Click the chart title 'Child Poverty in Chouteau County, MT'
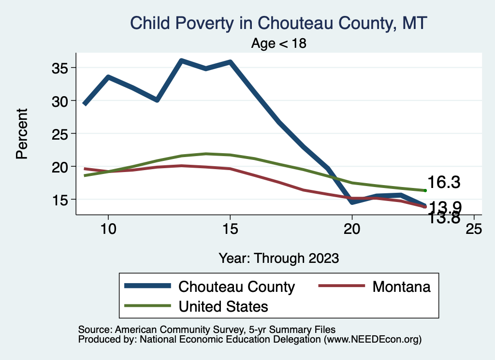coord(279,23)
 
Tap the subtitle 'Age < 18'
coord(279,43)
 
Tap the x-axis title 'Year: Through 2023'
coord(279,258)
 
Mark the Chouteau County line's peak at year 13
coord(181,61)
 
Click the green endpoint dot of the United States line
coord(425,190)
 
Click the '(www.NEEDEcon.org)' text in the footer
coord(373,339)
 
